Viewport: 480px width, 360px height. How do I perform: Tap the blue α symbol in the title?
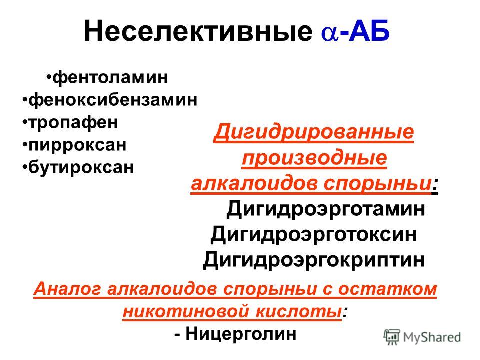[x=328, y=34]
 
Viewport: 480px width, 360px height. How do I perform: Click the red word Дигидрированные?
[x=314, y=133]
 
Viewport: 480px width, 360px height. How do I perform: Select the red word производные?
[x=314, y=159]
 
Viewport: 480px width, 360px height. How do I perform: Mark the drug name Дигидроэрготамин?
[x=326, y=209]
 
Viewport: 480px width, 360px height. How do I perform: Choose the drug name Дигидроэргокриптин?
[x=314, y=259]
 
